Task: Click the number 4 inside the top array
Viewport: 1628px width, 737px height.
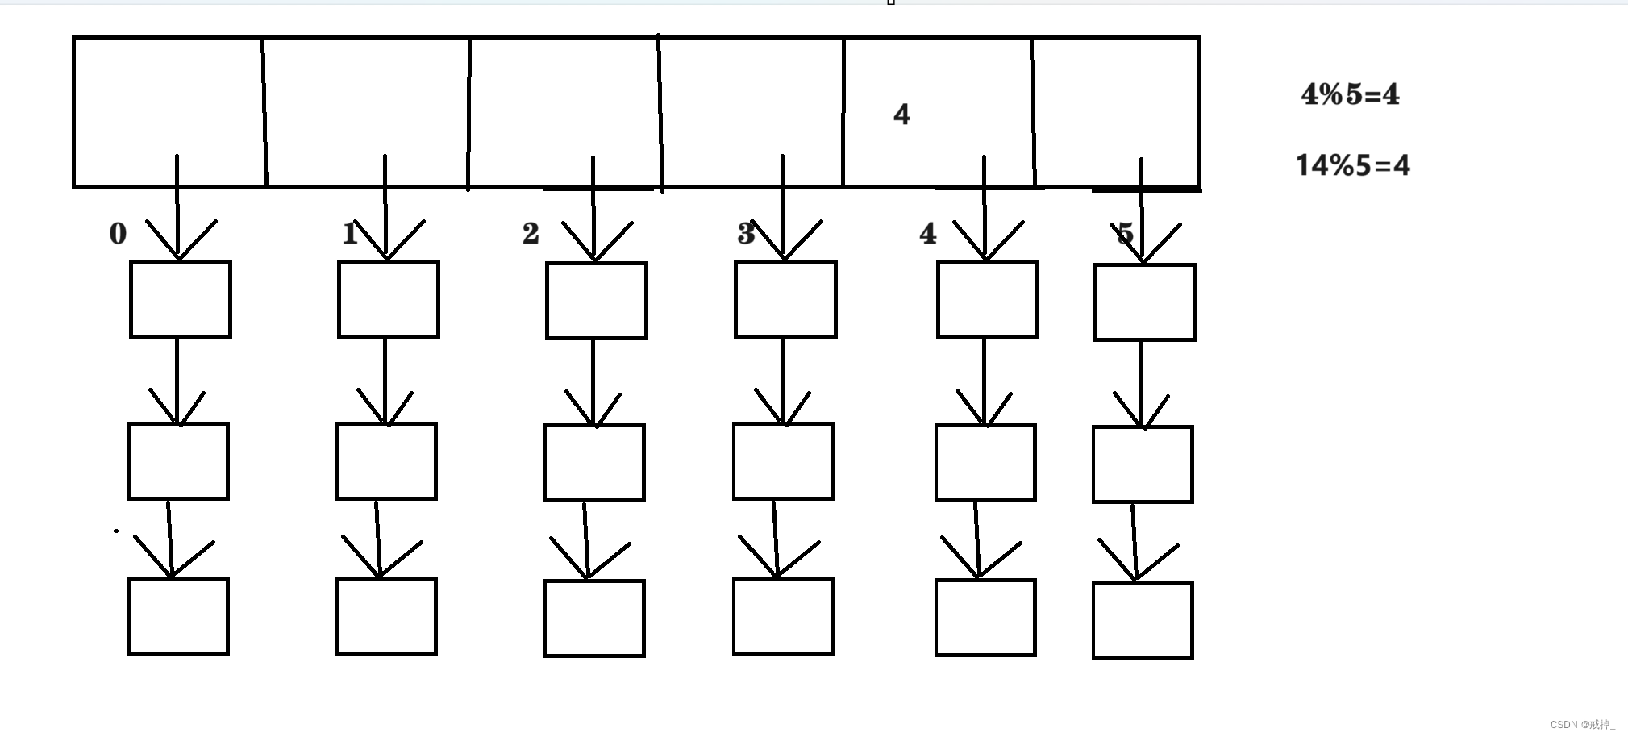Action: click(901, 115)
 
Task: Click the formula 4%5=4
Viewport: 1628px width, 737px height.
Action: click(1351, 95)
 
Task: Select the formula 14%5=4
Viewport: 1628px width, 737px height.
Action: click(1352, 165)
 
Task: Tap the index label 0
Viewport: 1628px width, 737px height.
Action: click(118, 234)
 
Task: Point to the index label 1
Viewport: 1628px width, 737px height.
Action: click(349, 234)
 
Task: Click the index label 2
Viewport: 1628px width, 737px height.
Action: click(530, 234)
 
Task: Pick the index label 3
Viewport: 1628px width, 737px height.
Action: click(746, 234)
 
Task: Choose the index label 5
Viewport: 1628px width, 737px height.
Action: click(1125, 235)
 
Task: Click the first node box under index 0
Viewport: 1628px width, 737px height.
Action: click(181, 299)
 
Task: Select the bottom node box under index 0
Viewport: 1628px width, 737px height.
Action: click(178, 617)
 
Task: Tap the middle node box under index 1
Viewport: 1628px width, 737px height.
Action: click(386, 461)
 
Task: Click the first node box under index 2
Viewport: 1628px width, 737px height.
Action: click(597, 301)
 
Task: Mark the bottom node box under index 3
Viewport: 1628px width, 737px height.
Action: click(784, 617)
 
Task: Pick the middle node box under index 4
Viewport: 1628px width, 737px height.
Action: click(985, 462)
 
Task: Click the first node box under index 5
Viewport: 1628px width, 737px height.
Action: click(1145, 302)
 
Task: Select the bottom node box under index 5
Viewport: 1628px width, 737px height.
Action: click(1143, 620)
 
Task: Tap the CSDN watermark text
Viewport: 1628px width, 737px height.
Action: click(1582, 724)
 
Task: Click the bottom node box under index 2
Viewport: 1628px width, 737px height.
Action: click(594, 618)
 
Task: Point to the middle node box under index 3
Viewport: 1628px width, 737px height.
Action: click(784, 461)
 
